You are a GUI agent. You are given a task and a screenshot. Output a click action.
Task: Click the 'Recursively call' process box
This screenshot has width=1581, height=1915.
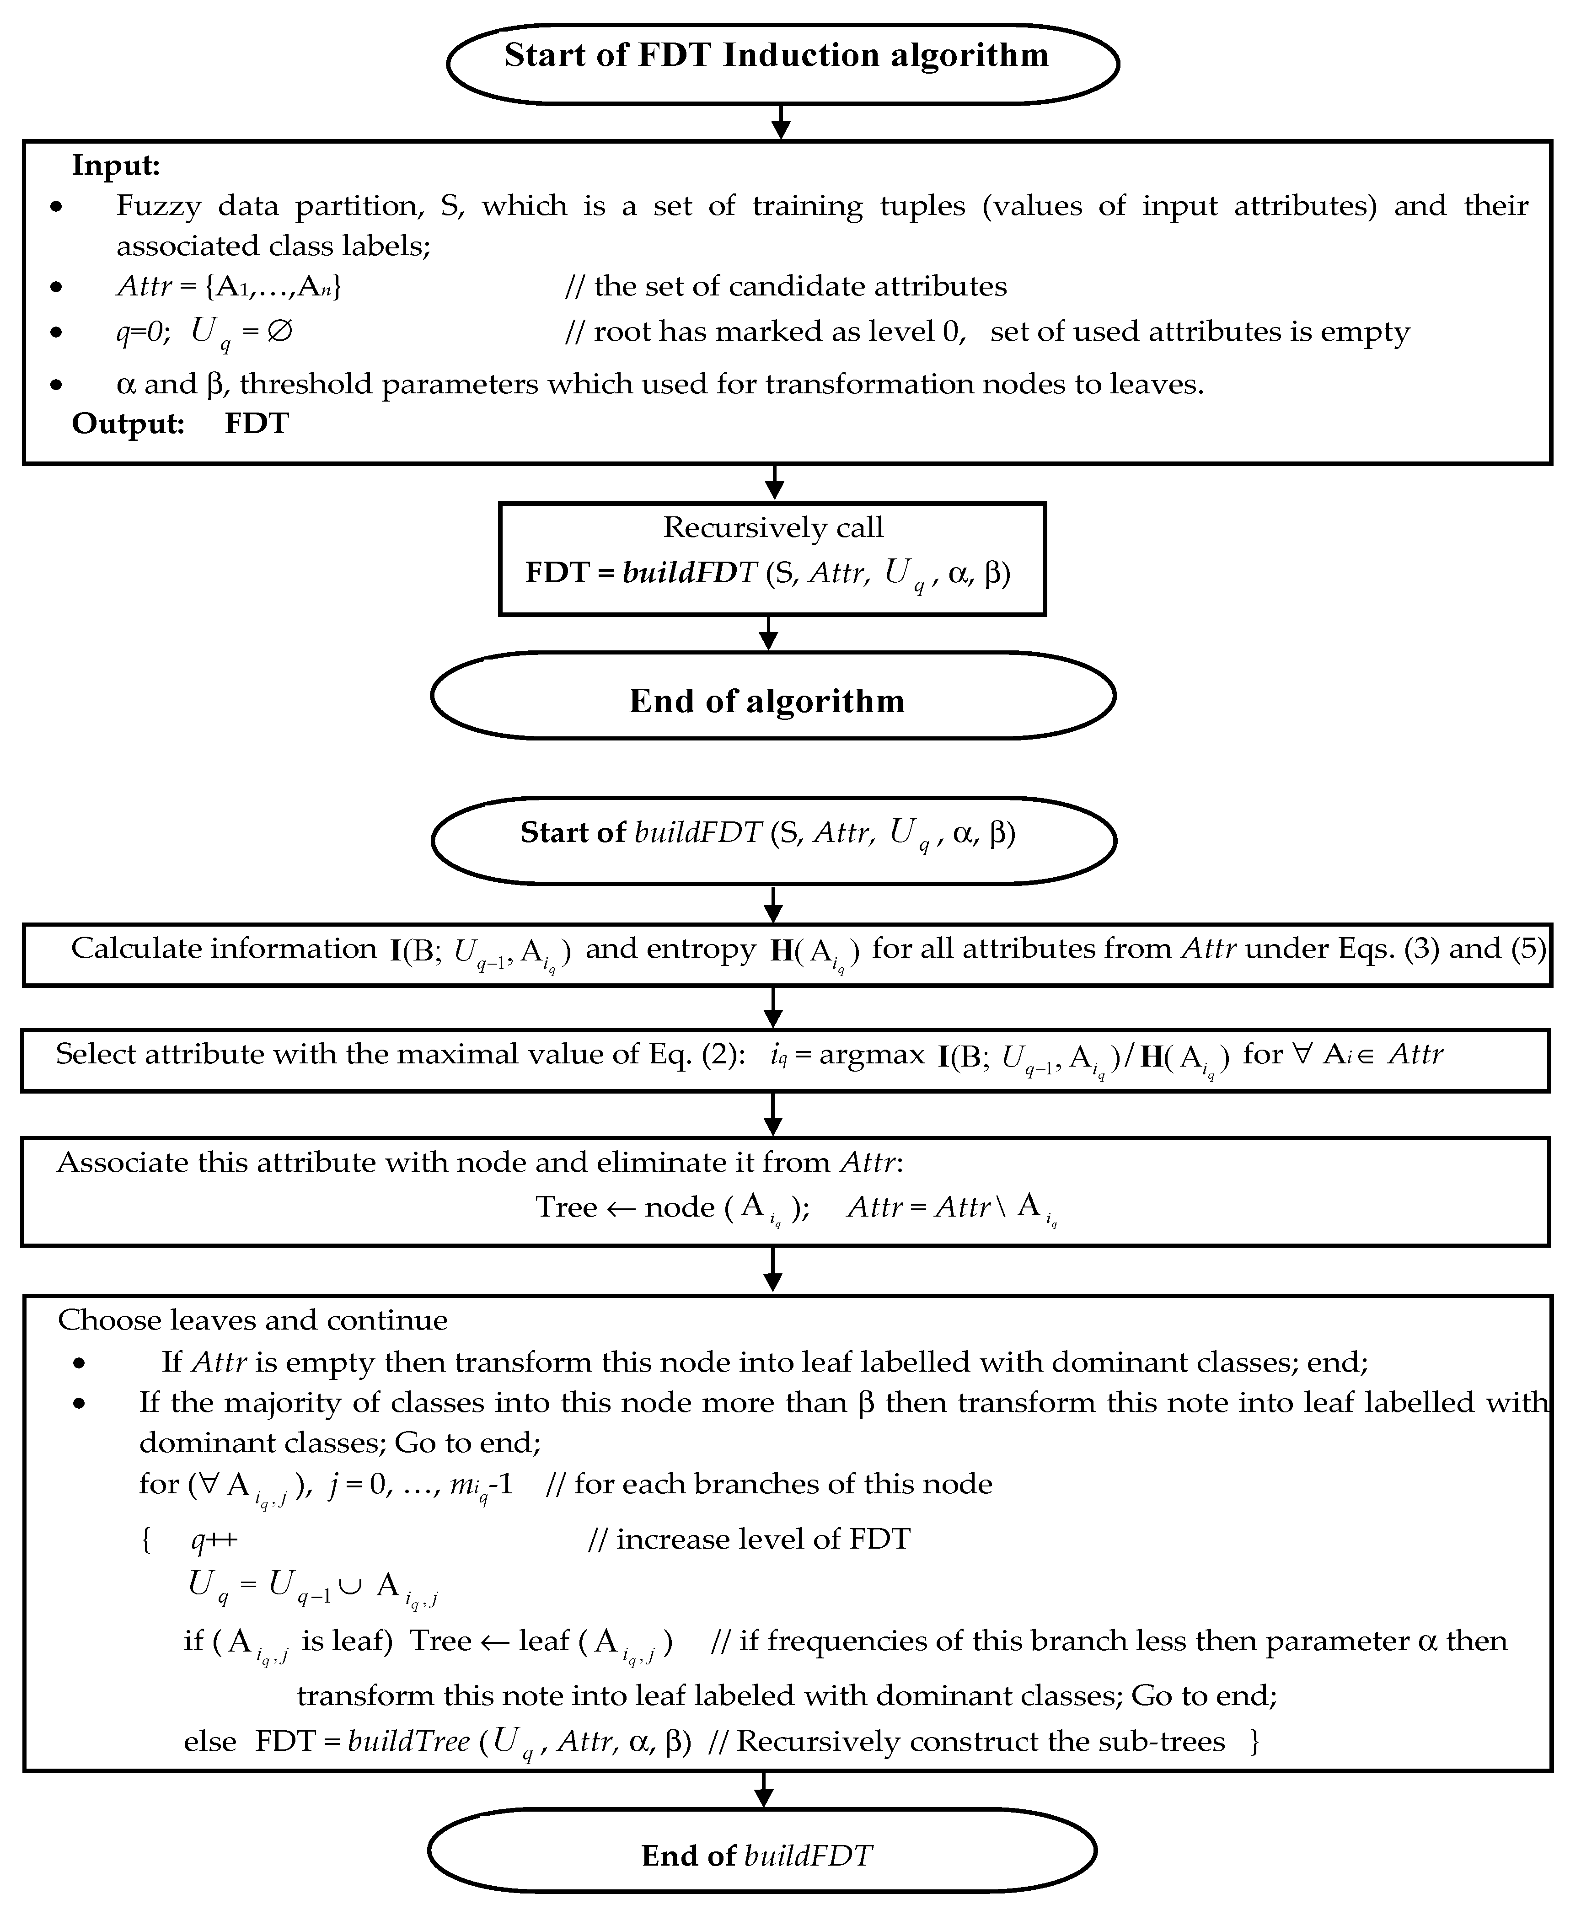coord(772,558)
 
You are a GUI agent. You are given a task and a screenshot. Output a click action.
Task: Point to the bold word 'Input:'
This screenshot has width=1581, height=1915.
coord(116,166)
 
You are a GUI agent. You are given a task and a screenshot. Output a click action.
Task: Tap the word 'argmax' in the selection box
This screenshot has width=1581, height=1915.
coord(872,1055)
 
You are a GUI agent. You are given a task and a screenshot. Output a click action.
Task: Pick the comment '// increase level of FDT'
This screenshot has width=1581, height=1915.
coord(749,1539)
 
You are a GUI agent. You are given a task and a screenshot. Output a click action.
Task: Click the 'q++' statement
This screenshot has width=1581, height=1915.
coord(214,1539)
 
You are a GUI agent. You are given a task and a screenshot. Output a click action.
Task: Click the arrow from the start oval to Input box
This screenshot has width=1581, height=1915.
coord(781,122)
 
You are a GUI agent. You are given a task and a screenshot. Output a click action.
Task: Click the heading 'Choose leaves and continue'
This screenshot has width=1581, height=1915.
coord(252,1320)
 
